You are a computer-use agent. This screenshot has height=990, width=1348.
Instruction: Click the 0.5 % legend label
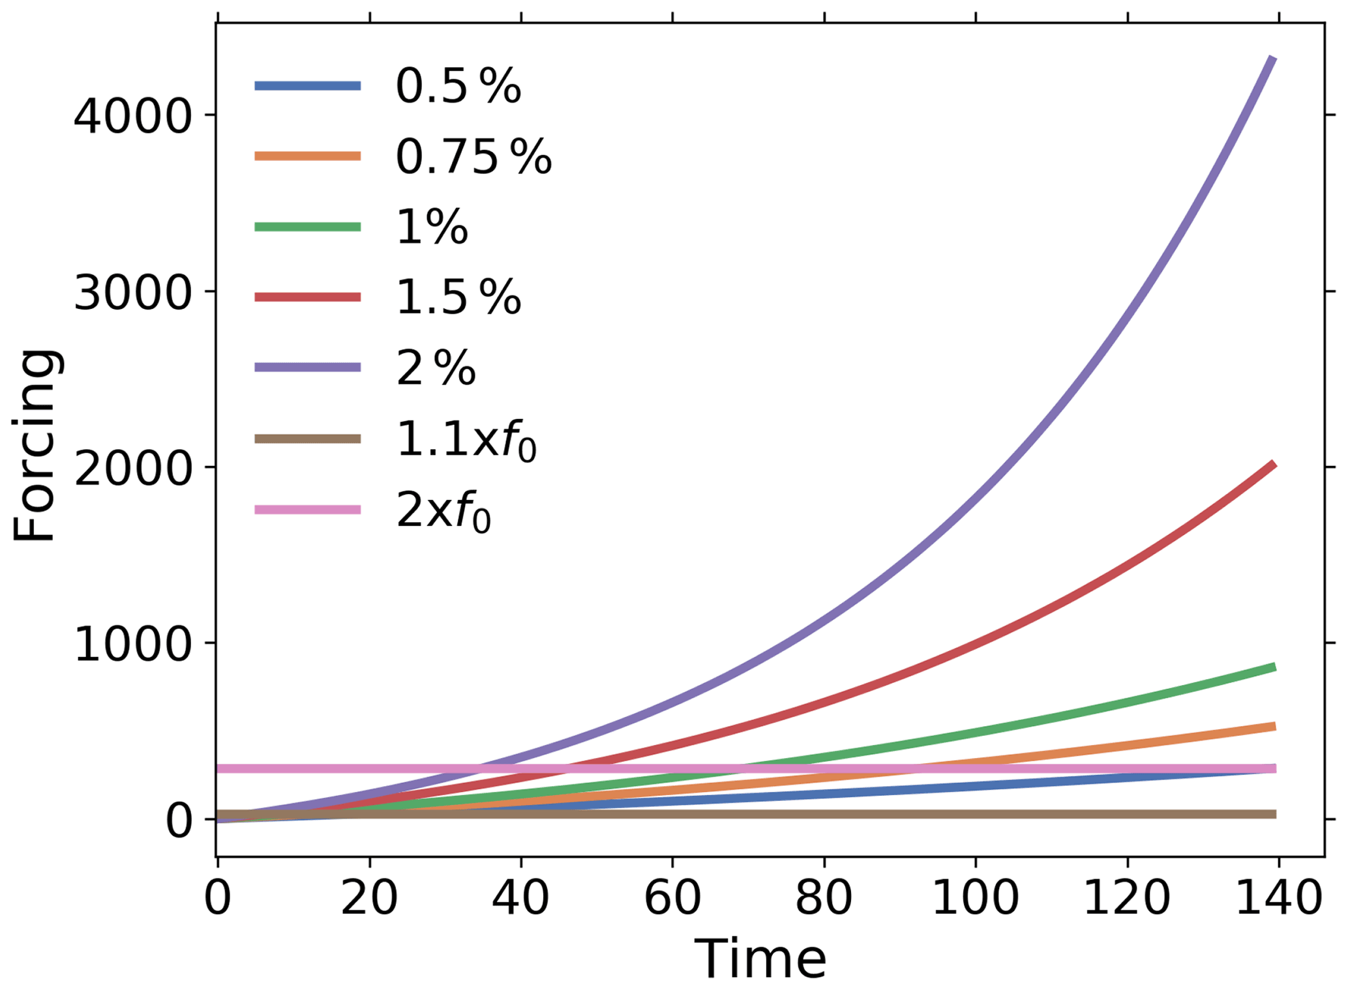(x=458, y=86)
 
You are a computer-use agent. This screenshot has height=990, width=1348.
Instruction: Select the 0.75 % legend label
(x=473, y=156)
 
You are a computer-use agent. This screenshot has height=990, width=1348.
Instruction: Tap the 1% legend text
(x=432, y=227)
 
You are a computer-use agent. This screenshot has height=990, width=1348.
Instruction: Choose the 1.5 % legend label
(x=458, y=298)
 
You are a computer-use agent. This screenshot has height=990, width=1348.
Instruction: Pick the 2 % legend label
(x=436, y=368)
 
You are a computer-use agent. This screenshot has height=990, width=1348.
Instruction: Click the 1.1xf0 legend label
(x=466, y=440)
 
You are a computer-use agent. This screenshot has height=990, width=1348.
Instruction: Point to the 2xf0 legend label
(x=443, y=510)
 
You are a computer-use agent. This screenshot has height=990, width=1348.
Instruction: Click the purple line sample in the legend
(x=307, y=368)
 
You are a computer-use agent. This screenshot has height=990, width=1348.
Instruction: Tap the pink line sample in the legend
(x=307, y=509)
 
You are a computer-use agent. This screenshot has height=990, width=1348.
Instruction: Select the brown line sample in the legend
(x=307, y=439)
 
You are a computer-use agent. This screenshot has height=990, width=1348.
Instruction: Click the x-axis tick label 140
(x=1278, y=898)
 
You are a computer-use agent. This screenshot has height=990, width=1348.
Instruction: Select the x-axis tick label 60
(x=672, y=898)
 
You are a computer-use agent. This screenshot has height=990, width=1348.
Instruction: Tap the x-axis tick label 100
(x=975, y=898)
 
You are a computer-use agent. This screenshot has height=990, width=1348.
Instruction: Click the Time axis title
(x=760, y=959)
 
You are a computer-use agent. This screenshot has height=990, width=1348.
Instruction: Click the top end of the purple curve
(x=1273, y=59)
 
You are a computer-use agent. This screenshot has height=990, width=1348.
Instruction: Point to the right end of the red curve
(x=1274, y=464)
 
